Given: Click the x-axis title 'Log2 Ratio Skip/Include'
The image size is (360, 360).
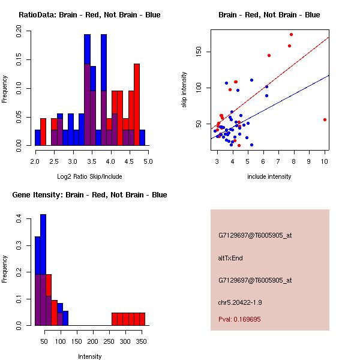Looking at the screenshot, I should coord(89,176).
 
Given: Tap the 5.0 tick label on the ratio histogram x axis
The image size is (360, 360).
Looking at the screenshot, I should coord(148,161).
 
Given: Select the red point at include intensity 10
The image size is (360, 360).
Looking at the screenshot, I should coord(325,119).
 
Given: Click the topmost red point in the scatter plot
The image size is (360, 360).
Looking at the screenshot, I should coord(291,35).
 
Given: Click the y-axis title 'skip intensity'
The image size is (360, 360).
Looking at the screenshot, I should coord(184,90).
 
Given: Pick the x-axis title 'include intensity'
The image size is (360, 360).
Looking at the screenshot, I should coord(269,176).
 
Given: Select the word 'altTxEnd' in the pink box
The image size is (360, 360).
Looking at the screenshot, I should coord(230,258).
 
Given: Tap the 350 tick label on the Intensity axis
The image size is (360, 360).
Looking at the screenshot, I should coord(142,341).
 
